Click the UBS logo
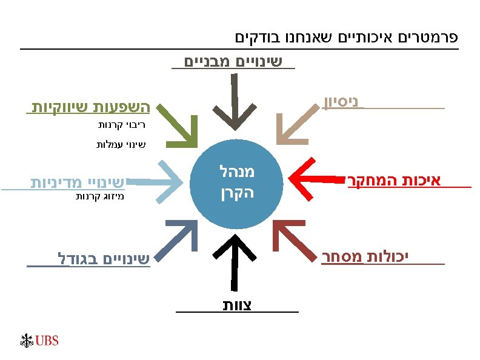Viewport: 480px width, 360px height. pyautogui.click(x=40, y=341)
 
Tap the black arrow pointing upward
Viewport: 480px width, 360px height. pyautogui.click(x=233, y=261)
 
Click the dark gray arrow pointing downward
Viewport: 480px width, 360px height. pyautogui.click(x=233, y=103)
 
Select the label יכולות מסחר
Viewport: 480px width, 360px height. pyautogui.click(x=365, y=258)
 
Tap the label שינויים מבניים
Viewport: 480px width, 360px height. pyautogui.click(x=233, y=61)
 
